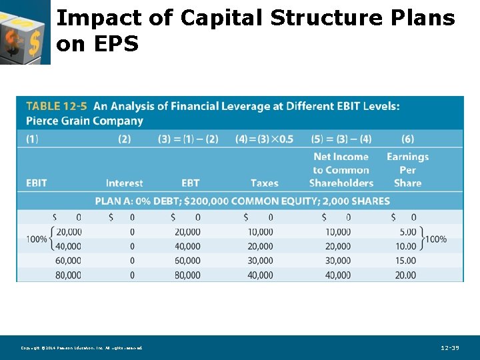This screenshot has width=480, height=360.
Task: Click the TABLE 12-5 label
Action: pyautogui.click(x=56, y=106)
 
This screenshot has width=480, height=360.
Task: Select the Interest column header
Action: pyautogui.click(x=124, y=183)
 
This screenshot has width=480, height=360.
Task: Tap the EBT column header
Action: pyautogui.click(x=190, y=183)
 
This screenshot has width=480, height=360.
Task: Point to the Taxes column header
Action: pyautogui.click(x=264, y=183)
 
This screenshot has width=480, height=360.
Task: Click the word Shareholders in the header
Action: pyautogui.click(x=341, y=183)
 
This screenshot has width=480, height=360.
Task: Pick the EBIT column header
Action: pyautogui.click(x=37, y=183)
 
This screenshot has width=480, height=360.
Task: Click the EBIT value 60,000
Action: pyautogui.click(x=68, y=261)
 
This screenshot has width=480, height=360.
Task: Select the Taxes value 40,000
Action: pyautogui.click(x=260, y=275)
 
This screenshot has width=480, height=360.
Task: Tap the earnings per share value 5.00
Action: pyautogui.click(x=407, y=232)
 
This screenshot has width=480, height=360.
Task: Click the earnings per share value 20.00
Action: pyautogui.click(x=405, y=275)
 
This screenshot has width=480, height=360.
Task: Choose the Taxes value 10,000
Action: pyautogui.click(x=260, y=232)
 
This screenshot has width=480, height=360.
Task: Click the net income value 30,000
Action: pyautogui.click(x=338, y=261)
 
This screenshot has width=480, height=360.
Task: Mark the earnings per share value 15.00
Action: pyautogui.click(x=405, y=261)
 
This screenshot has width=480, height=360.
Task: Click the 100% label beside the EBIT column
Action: pyautogui.click(x=35, y=239)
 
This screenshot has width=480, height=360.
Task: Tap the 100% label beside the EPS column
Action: pyautogui.click(x=436, y=239)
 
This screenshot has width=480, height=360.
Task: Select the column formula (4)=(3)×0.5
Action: pyautogui.click(x=264, y=139)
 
